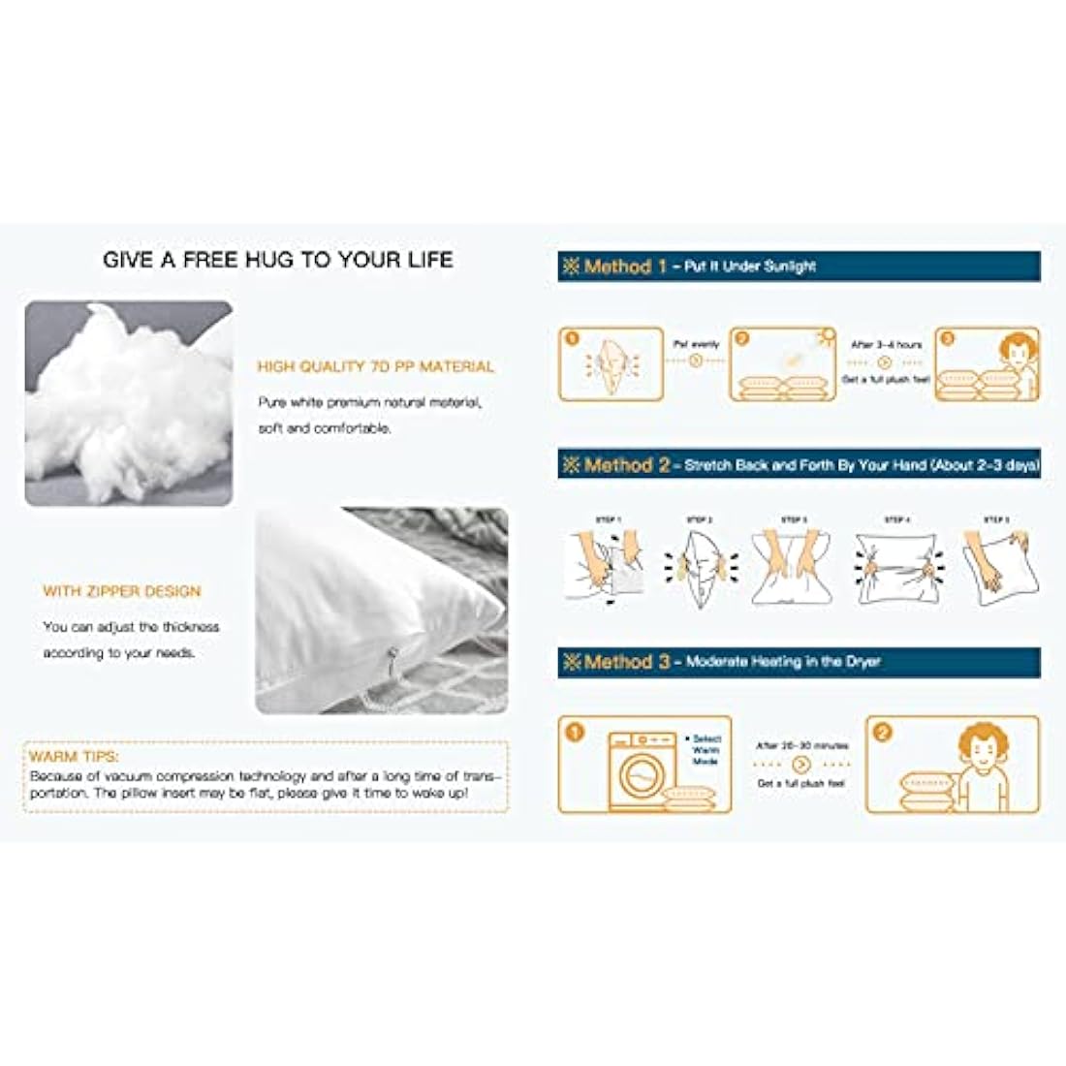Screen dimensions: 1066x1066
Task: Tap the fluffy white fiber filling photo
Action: point(128,402)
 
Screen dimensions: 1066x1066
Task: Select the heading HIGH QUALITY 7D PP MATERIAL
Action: point(375,367)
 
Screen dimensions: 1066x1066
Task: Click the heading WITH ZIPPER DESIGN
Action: point(122,591)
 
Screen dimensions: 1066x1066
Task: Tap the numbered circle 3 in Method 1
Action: point(948,339)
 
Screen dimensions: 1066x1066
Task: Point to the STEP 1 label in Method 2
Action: point(609,520)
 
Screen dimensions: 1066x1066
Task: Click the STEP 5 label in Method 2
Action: point(996,520)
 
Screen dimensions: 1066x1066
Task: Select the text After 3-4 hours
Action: point(887,345)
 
